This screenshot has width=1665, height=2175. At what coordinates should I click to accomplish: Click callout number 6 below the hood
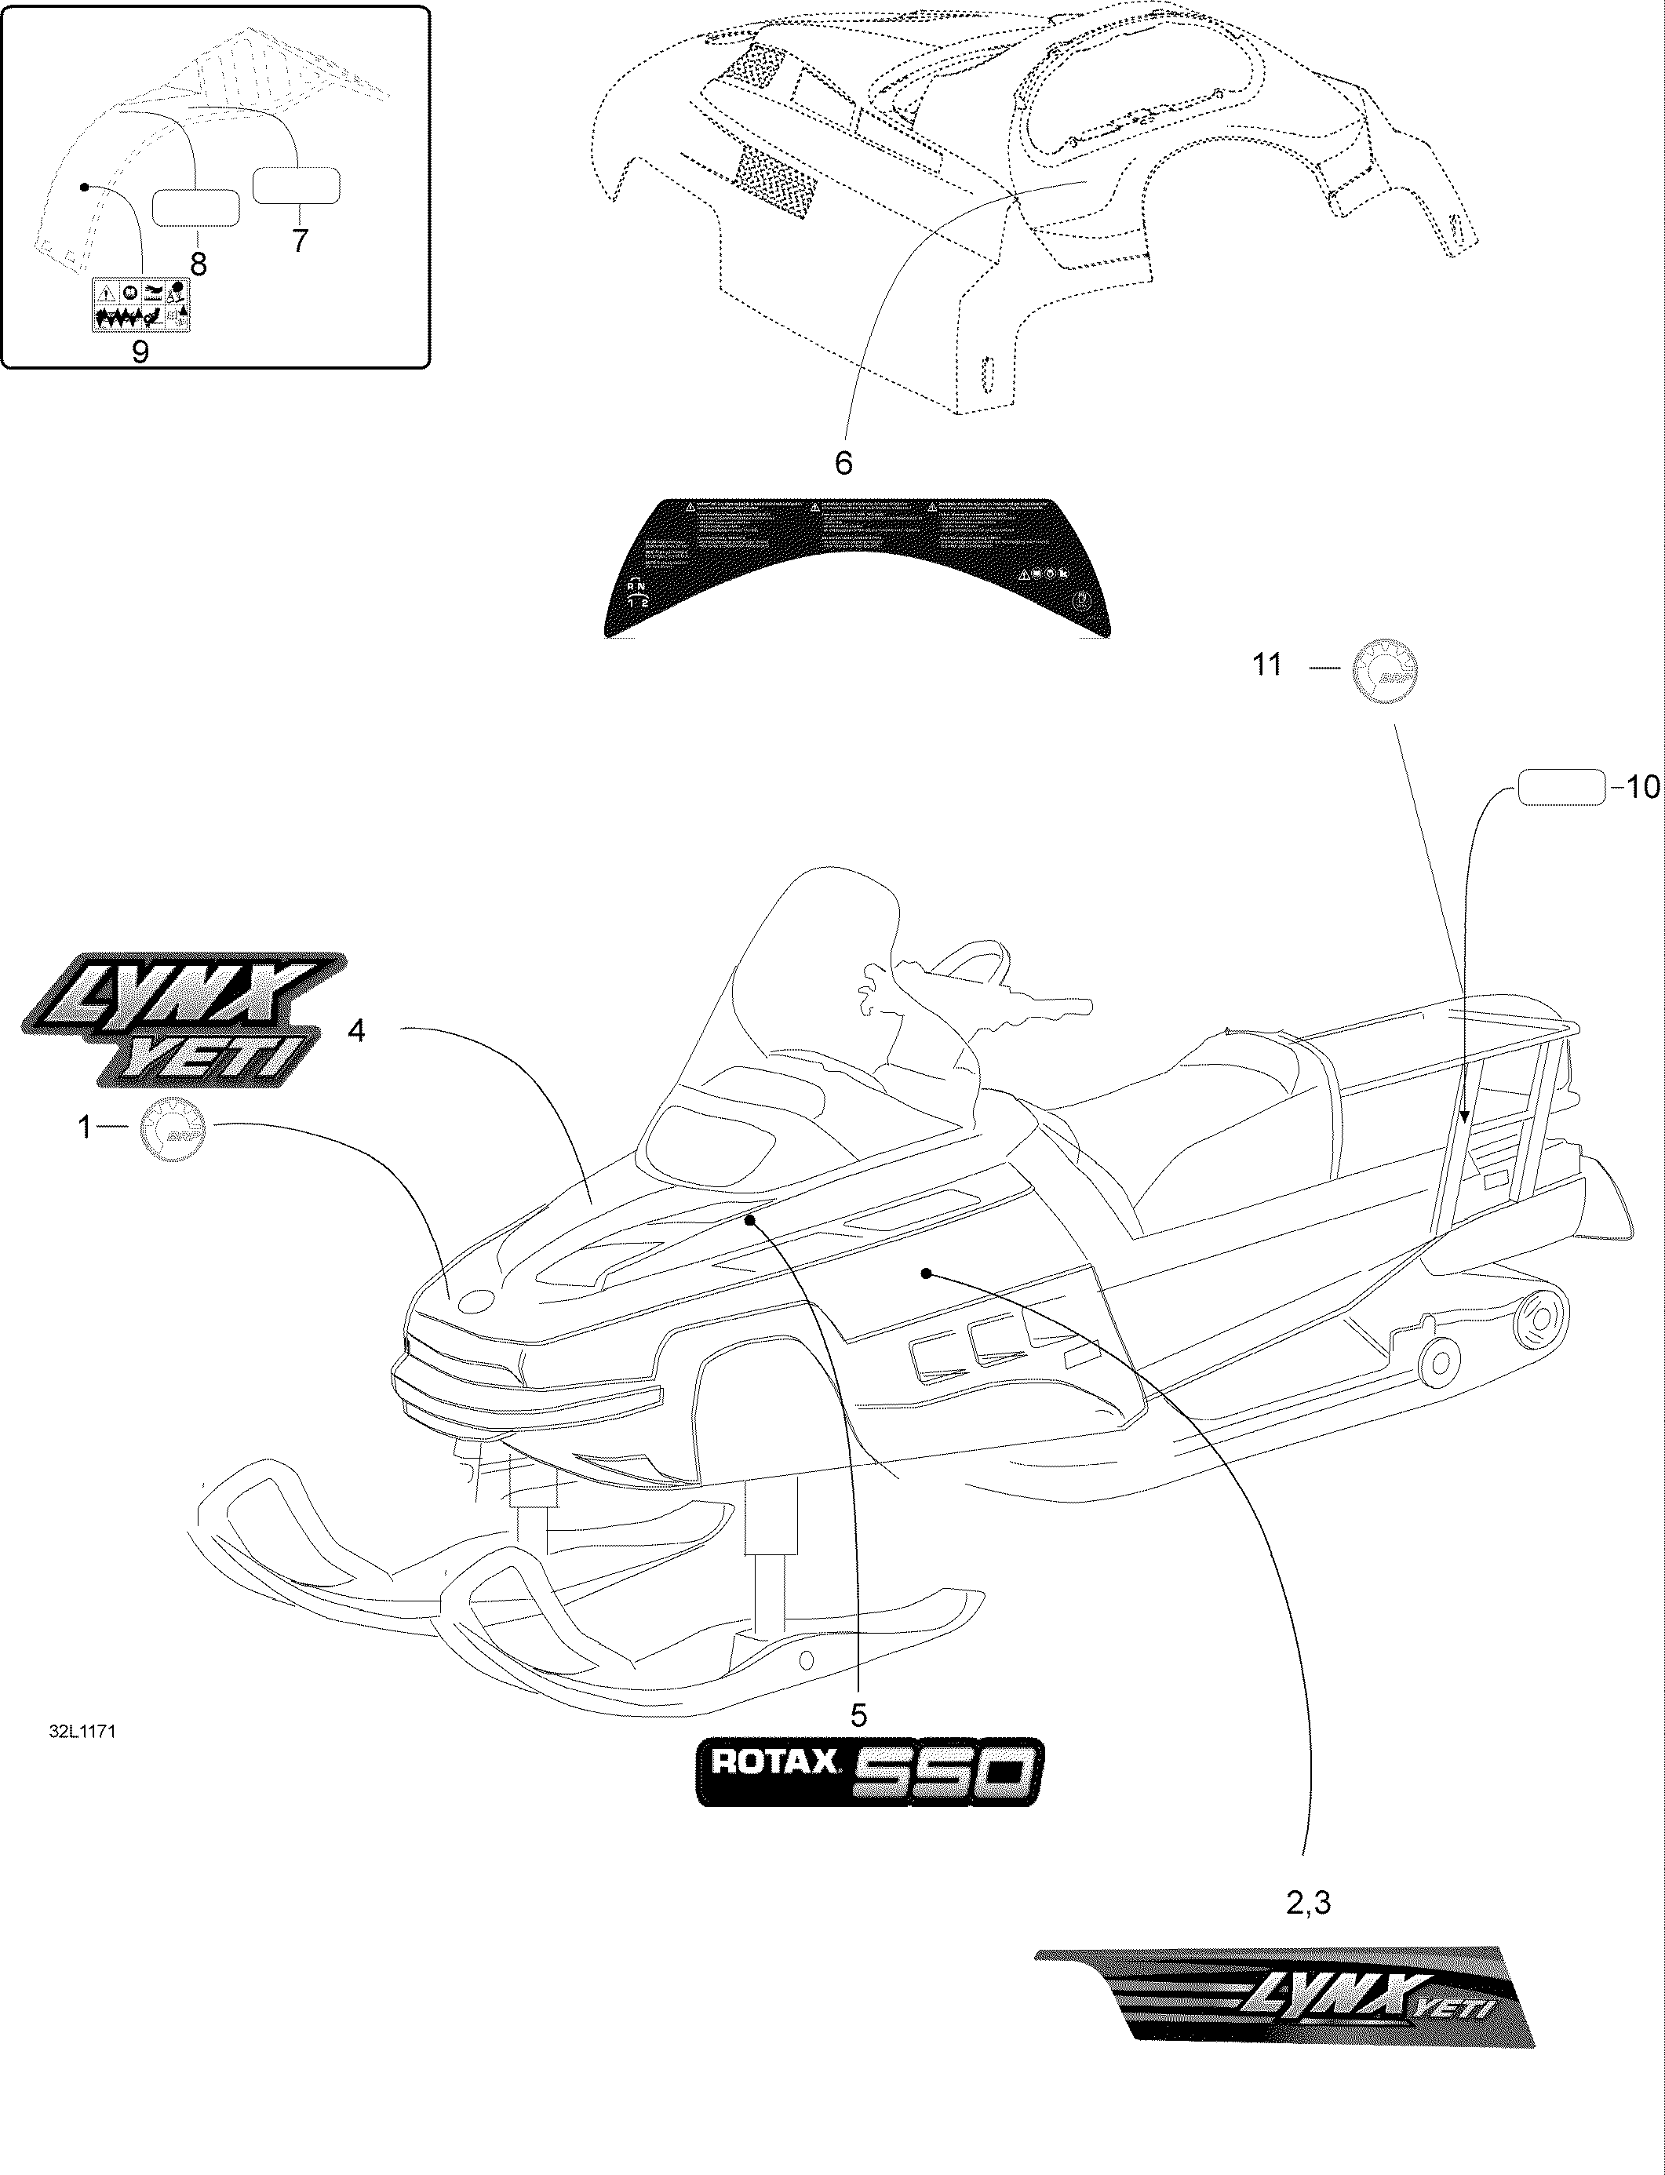tap(843, 463)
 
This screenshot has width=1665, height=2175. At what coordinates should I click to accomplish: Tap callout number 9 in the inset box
tap(140, 351)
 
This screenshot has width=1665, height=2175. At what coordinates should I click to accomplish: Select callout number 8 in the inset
tap(199, 264)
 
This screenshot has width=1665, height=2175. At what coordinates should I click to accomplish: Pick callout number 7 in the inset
tap(299, 240)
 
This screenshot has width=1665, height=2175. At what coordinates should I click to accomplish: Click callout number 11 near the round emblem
tap(1267, 664)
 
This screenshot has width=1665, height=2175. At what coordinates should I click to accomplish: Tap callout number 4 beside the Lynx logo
tap(355, 1032)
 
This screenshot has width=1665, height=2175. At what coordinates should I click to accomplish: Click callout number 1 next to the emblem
tap(86, 1127)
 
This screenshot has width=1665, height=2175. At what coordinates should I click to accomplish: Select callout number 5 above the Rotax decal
tap(858, 1714)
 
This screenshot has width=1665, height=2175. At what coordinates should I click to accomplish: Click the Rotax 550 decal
tap(869, 1772)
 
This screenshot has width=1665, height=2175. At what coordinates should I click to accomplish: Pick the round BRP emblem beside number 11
tap(1386, 671)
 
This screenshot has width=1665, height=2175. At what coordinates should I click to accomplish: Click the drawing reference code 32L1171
tap(82, 1731)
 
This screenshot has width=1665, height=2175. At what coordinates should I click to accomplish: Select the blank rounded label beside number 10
tap(1561, 788)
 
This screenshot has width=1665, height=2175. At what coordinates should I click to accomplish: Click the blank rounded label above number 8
tap(195, 208)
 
